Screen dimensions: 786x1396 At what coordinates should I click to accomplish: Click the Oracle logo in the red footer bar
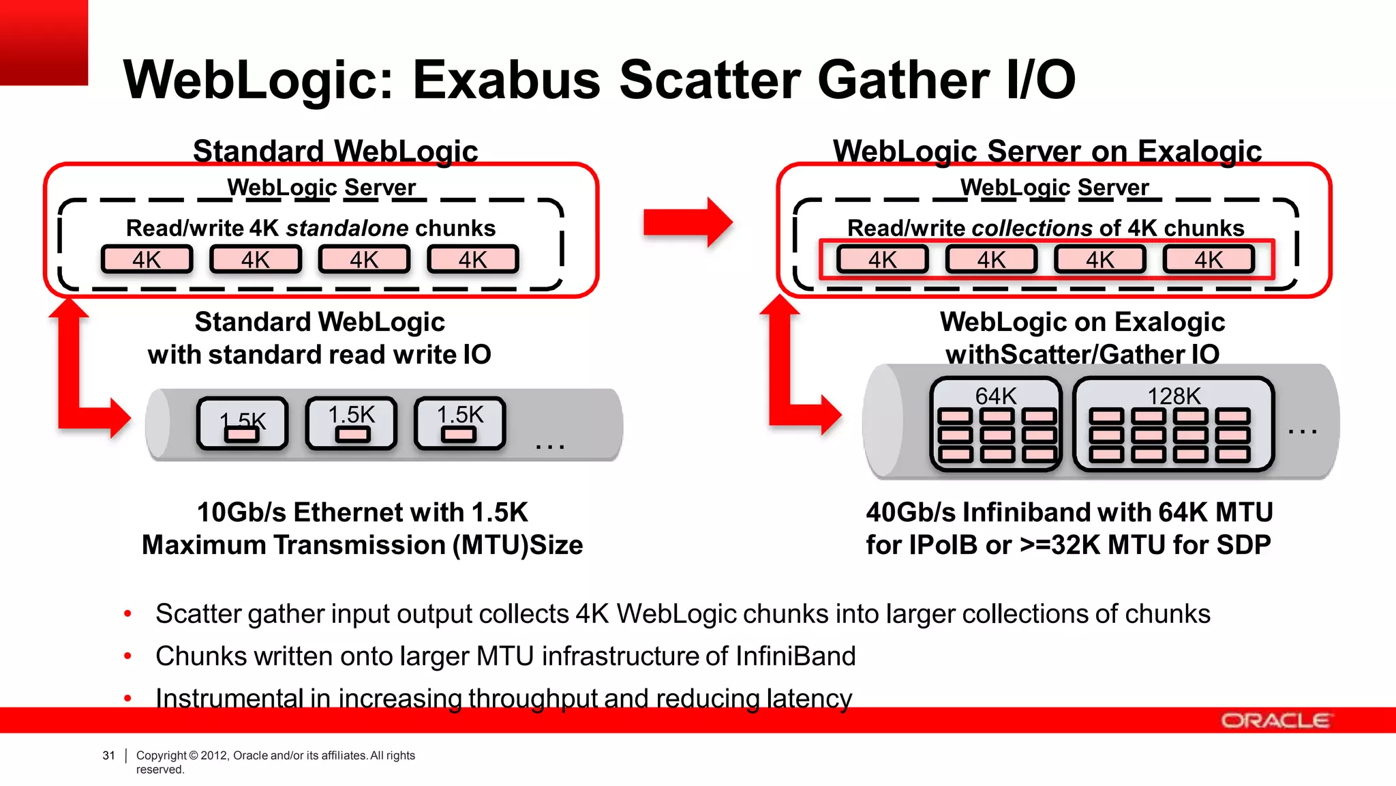click(x=1275, y=720)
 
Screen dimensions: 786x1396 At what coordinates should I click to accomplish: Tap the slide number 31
click(x=108, y=755)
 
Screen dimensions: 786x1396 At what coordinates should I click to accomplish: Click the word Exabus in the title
click(x=506, y=80)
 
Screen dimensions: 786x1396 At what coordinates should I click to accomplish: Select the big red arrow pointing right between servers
click(x=687, y=222)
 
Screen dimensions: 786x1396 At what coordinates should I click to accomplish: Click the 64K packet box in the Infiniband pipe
click(x=996, y=424)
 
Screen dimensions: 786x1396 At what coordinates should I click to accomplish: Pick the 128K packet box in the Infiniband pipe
click(x=1173, y=424)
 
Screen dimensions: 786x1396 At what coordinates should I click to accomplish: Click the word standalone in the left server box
click(x=347, y=228)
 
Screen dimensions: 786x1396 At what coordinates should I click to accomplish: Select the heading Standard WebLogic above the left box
click(x=335, y=151)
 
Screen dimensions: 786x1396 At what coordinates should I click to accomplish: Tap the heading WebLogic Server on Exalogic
click(x=1047, y=151)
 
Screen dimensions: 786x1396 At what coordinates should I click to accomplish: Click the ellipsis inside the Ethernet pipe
click(x=549, y=446)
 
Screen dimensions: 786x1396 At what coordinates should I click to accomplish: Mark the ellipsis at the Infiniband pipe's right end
click(x=1302, y=431)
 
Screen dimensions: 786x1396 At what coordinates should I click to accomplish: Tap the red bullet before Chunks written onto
click(x=127, y=657)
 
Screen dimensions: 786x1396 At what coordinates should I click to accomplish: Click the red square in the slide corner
click(x=44, y=42)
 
